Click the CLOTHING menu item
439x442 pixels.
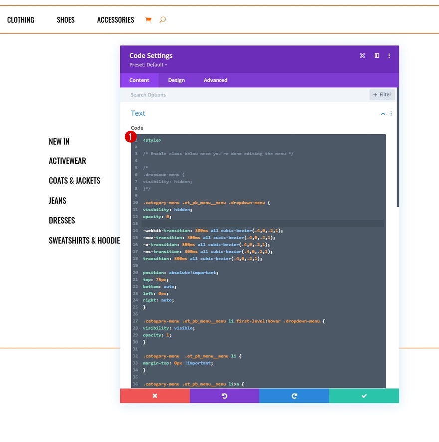tap(21, 20)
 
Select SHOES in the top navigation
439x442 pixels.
tap(66, 20)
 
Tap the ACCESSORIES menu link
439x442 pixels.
tap(116, 20)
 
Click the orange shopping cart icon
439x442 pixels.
tap(148, 20)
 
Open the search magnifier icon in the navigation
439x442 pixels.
tap(163, 20)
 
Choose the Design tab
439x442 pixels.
tap(176, 80)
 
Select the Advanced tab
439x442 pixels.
tap(216, 80)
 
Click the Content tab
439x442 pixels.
tap(139, 80)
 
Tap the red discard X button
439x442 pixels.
tap(155, 396)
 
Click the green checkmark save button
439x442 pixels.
tap(364, 396)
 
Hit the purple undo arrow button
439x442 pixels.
tap(224, 396)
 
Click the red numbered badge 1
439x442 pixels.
tap(131, 137)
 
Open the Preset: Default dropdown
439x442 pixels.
tap(148, 65)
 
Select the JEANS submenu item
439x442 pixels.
tap(57, 201)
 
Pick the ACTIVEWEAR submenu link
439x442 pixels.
tap(67, 161)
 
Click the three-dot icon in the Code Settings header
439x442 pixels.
tap(389, 56)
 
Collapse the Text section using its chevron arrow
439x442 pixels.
tap(383, 114)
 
